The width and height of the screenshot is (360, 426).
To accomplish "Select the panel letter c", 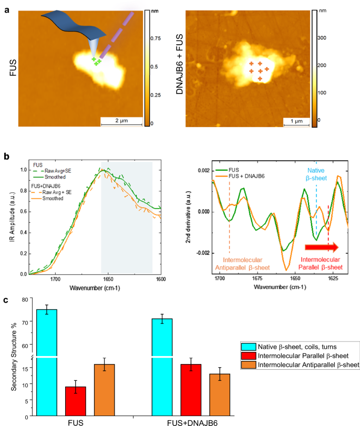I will [x=6, y=300].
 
